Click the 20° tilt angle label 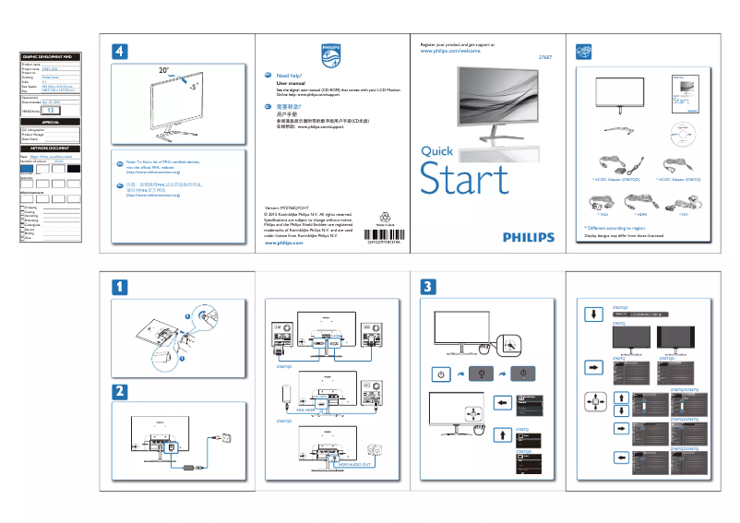point(163,70)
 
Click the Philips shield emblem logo point(329,53)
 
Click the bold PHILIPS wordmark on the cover point(528,236)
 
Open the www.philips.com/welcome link point(450,52)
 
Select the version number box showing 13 point(54,110)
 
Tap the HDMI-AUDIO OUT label point(354,466)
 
